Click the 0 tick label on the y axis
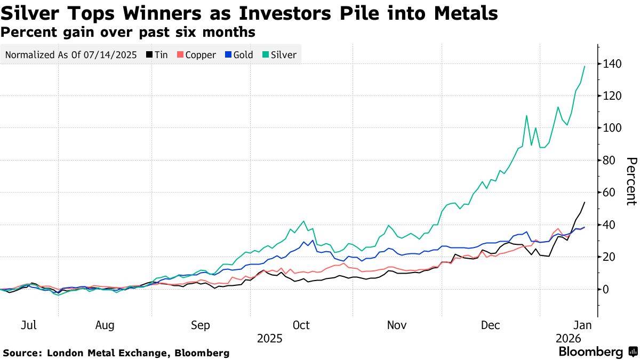[x=606, y=289]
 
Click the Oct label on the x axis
[x=301, y=325]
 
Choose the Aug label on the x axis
[x=105, y=325]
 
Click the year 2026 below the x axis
[x=568, y=339]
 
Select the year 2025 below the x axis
[x=270, y=339]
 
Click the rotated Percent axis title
[x=631, y=181]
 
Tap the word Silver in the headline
[x=30, y=13]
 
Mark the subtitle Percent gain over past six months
[x=127, y=32]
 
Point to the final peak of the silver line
[x=585, y=66]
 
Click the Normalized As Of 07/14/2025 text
[x=71, y=54]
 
